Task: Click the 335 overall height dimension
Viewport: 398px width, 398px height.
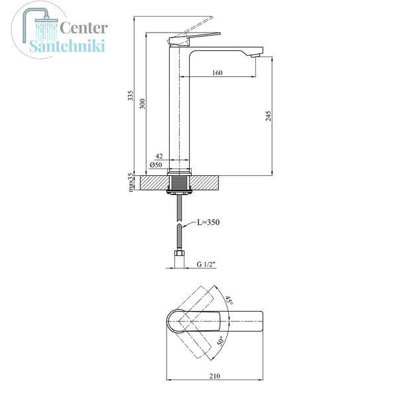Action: (130, 95)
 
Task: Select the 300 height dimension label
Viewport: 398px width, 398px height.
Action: (143, 103)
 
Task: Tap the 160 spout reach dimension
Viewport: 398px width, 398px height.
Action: (218, 73)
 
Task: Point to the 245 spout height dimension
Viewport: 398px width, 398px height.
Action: (268, 115)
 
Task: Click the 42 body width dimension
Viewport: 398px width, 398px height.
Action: (159, 156)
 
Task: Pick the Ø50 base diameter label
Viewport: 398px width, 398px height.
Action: (156, 165)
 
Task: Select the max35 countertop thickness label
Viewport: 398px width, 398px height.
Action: (131, 182)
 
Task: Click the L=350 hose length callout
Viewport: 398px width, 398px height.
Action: (208, 222)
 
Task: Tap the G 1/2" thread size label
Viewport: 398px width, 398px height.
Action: (206, 264)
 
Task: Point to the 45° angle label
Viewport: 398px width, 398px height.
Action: (229, 300)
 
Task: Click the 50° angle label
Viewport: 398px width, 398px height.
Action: (221, 341)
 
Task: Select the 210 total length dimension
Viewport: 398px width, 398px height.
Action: (215, 376)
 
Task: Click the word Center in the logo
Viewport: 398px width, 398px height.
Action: (84, 28)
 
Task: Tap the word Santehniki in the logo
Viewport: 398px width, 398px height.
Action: (67, 46)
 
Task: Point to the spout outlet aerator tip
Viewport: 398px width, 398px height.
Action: (255, 56)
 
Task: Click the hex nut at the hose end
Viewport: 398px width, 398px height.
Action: (179, 254)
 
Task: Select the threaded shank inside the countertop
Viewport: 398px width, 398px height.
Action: (179, 183)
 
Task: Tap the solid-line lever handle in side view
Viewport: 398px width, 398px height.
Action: (194, 39)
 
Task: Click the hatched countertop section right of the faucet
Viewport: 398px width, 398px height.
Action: (204, 183)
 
